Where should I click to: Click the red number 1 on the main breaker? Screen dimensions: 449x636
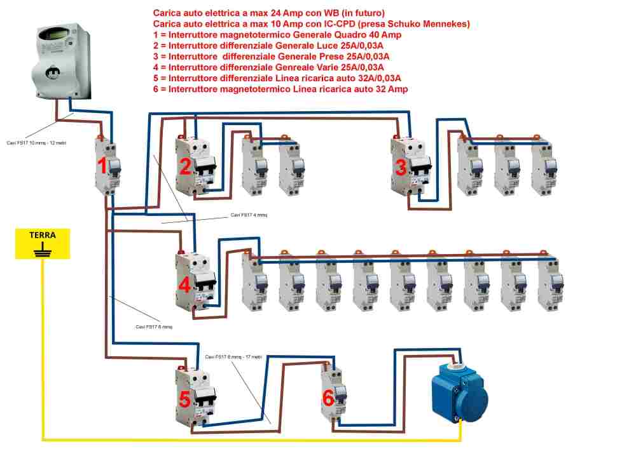point(102,167)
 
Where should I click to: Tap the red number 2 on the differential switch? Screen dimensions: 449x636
point(185,167)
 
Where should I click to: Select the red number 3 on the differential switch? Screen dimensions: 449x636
point(401,168)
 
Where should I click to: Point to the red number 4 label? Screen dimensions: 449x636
point(185,286)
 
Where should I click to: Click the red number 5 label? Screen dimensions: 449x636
point(184,399)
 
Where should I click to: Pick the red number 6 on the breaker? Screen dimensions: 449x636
point(328,399)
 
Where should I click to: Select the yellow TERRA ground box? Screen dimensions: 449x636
point(43,245)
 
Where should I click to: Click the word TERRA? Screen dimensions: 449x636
point(43,235)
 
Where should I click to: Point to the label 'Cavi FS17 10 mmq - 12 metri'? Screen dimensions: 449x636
point(37,142)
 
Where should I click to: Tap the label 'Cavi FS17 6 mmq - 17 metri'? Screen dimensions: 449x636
point(233,357)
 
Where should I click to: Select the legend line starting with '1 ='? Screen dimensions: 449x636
point(277,35)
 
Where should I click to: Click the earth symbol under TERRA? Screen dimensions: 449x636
point(43,250)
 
